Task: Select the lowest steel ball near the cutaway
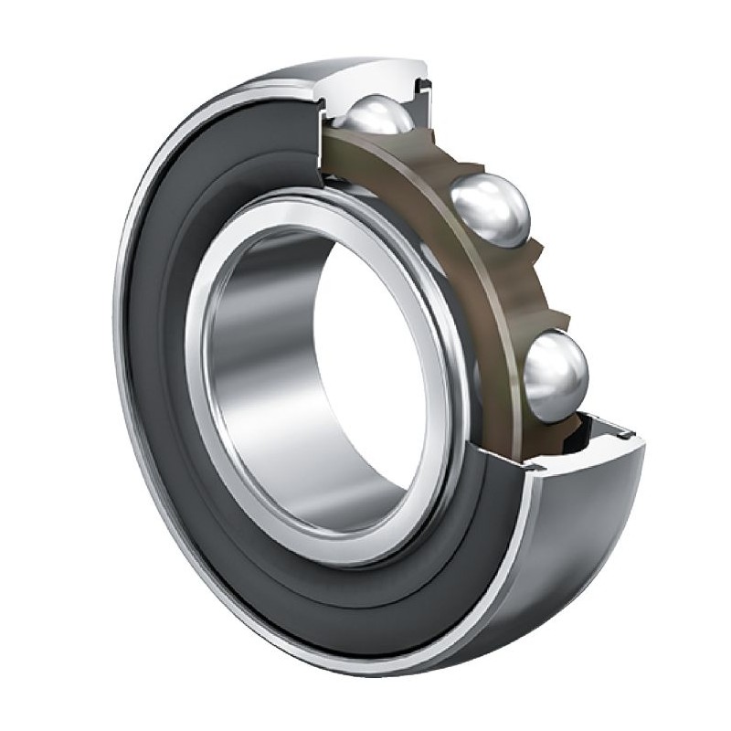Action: tap(555, 373)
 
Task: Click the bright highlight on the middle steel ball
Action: tap(484, 196)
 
